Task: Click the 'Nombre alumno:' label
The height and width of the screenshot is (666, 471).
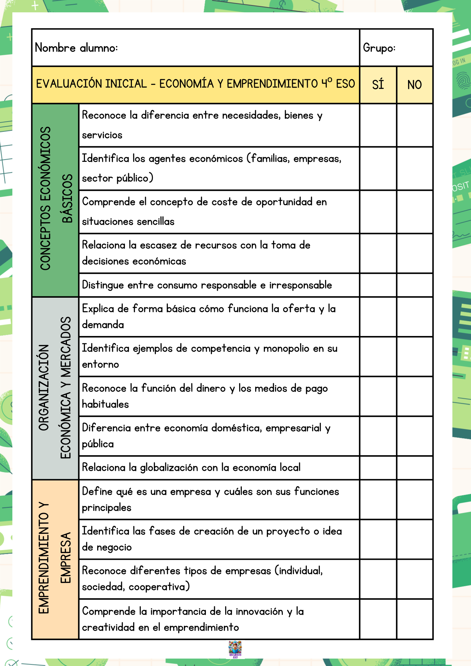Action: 76,48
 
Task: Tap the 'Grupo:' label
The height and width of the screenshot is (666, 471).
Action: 379,48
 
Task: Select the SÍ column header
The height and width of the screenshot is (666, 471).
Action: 378,85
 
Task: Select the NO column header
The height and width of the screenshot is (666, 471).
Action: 415,85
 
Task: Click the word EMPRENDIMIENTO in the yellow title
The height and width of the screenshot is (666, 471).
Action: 272,84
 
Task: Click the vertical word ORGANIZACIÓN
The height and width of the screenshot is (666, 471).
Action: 44,387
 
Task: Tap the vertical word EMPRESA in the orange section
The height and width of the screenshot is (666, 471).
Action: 66,557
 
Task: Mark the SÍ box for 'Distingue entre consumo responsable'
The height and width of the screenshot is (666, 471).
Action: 378,285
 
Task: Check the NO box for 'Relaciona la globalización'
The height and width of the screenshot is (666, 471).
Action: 415,468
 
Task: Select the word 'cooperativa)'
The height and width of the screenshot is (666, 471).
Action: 159,587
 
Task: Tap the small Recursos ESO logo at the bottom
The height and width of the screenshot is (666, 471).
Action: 235,649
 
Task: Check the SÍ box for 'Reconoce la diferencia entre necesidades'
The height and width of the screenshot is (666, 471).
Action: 378,125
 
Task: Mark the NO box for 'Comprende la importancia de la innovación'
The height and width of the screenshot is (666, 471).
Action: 415,619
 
